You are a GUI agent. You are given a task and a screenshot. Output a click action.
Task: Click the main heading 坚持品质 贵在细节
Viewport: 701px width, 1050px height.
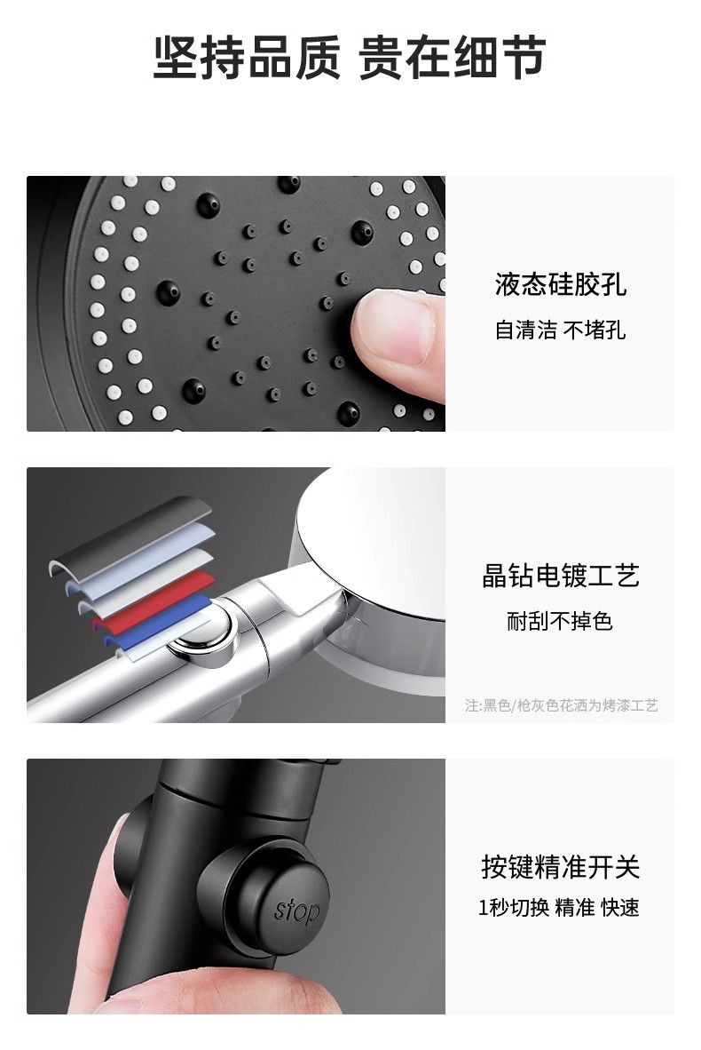(350, 58)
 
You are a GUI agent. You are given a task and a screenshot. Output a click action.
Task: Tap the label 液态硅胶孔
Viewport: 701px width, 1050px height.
(561, 284)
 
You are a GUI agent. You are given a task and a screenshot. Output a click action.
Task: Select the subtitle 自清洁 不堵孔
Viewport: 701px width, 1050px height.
(561, 330)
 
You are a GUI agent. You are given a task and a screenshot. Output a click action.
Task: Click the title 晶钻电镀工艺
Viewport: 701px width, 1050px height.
(561, 576)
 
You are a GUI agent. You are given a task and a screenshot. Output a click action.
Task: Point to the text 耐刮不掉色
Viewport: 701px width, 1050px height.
(560, 622)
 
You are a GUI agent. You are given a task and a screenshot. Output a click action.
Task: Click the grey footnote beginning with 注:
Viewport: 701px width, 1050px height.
(562, 705)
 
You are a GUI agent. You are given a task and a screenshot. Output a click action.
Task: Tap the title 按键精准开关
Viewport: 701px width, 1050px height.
(561, 866)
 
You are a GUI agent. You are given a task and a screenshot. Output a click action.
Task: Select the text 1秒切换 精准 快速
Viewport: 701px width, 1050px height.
(558, 907)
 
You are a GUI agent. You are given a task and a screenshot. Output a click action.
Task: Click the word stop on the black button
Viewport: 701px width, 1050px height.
(296, 911)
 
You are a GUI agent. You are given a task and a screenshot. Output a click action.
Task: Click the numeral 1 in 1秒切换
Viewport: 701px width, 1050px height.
(483, 908)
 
